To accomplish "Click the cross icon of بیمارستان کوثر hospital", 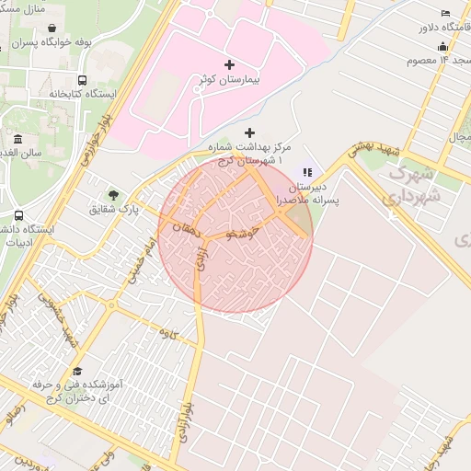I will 229,64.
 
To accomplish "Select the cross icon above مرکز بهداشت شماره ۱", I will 250,132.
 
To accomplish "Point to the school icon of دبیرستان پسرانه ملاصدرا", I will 307,171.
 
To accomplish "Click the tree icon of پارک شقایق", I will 113,194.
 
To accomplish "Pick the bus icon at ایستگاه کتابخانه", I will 83,81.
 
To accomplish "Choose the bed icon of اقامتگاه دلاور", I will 446,14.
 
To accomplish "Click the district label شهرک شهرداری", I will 414,184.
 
